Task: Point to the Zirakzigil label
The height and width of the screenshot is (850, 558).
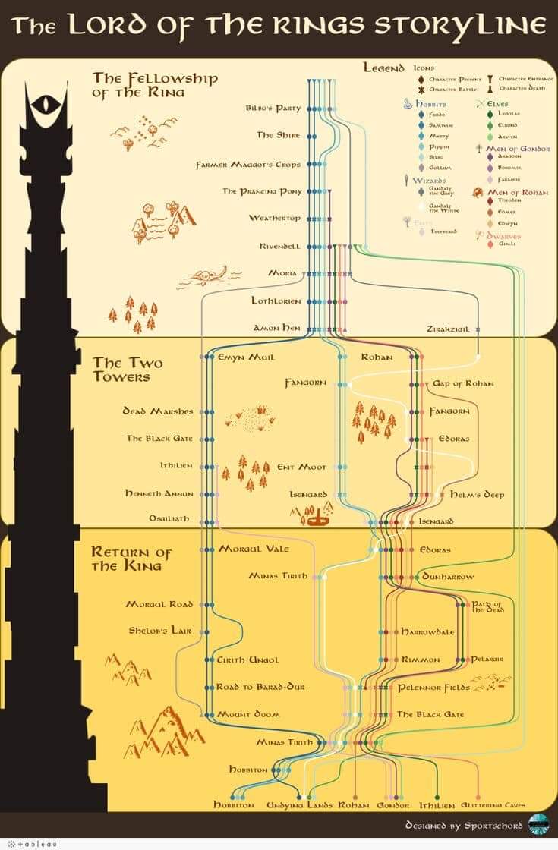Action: coord(454,329)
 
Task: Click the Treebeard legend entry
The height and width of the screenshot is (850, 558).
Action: coord(443,231)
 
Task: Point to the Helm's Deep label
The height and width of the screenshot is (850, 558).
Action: coord(477,494)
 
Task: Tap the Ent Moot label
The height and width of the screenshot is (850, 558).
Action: coord(301,467)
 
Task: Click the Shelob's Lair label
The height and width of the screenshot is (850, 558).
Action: coord(159,630)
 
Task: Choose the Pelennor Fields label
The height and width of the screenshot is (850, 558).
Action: coord(433,687)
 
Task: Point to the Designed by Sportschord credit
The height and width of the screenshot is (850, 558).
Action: coord(464,825)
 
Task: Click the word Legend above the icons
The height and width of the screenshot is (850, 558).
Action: coord(383,68)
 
